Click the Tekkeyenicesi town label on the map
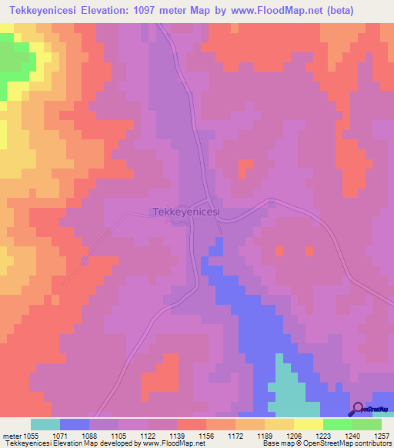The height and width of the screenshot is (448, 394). coord(187,211)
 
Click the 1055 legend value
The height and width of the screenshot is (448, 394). coord(31,435)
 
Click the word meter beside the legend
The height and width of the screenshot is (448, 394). coord(11,435)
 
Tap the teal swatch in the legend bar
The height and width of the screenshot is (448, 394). coord(45,424)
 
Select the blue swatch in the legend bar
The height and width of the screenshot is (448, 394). coord(75,424)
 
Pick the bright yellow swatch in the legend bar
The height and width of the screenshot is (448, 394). coord(309,424)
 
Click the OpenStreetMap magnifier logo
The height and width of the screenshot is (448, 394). coord(358,409)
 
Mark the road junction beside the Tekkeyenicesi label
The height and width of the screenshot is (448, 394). coord(219,224)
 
